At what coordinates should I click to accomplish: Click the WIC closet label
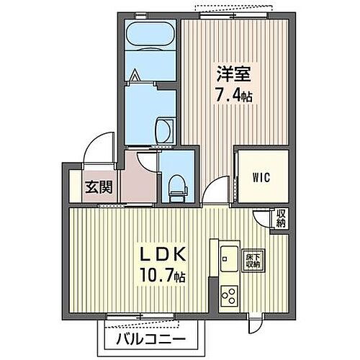tap(261, 178)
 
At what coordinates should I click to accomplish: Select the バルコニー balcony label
tap(149, 339)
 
